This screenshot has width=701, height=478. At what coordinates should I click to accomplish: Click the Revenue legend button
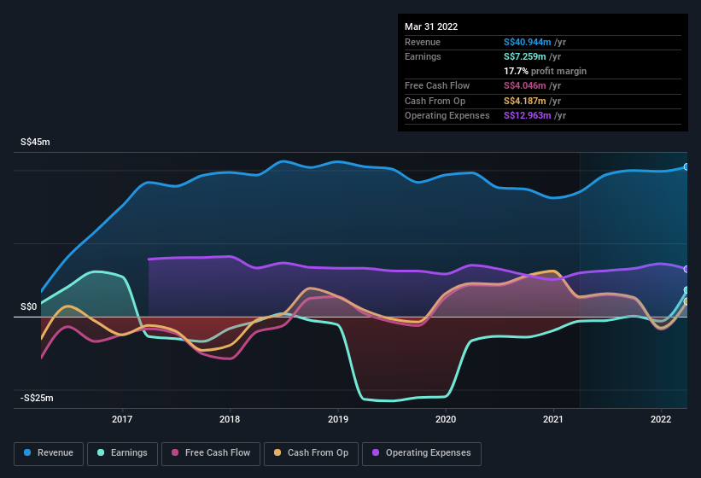coord(49,452)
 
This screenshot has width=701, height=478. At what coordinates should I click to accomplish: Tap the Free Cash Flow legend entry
coord(211,452)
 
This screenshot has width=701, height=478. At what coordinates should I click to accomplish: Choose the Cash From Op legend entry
coord(311,452)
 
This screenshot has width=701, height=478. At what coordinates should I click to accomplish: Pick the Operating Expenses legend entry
coord(421,452)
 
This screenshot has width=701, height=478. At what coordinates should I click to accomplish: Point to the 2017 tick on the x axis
coord(122,419)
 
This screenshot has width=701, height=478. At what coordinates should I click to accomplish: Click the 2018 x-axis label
coord(230,419)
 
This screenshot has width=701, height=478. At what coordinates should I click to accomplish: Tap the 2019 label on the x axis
coord(338,419)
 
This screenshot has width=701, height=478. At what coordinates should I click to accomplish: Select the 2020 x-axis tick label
coord(446,419)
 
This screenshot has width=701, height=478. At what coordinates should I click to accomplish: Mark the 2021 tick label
coord(553,419)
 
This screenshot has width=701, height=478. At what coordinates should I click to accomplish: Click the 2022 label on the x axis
coord(661,419)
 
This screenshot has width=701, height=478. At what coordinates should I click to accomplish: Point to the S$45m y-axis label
coord(35,143)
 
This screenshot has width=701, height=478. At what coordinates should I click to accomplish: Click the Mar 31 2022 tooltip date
coord(431,26)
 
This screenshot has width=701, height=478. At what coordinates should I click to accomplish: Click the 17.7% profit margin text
coord(545,71)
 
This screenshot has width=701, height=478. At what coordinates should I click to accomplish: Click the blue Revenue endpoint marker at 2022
coord(686,167)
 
